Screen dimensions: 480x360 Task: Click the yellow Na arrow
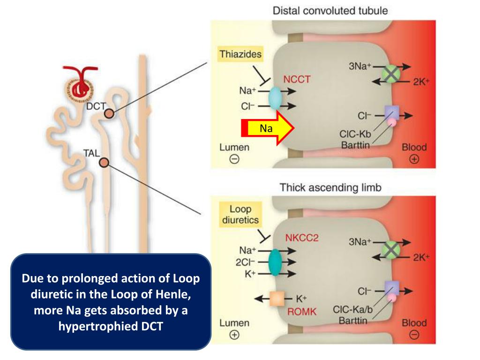[x=268, y=128]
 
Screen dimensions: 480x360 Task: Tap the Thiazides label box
[x=240, y=54]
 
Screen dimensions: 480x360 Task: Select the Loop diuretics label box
[x=240, y=214]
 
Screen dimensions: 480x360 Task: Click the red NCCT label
[x=297, y=79]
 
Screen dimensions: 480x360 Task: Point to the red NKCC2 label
[x=302, y=238]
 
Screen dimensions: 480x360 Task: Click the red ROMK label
[x=302, y=312]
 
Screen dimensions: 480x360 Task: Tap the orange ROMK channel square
[x=277, y=299]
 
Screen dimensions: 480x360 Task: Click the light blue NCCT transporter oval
[x=275, y=98]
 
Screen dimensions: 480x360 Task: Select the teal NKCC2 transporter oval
[x=275, y=262]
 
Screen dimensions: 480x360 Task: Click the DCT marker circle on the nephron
[x=109, y=114]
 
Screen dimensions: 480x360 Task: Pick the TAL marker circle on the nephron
[x=104, y=163]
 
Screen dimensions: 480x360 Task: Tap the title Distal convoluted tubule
[x=330, y=11]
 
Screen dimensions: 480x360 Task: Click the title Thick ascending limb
[x=330, y=187]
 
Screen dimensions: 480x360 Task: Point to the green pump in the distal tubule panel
[x=391, y=74]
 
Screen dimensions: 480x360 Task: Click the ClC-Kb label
[x=355, y=134]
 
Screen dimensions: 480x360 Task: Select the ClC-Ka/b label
[x=352, y=309]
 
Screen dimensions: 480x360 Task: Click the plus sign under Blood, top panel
[x=414, y=159]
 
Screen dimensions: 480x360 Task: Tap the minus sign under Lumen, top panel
[x=234, y=159]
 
